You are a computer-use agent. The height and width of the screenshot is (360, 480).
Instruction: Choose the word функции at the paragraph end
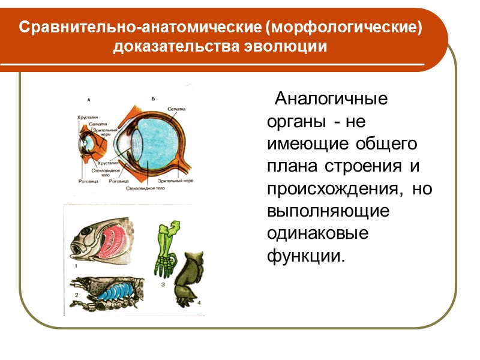pos(306,256)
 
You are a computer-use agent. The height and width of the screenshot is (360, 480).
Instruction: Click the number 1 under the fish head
pos(77,264)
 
